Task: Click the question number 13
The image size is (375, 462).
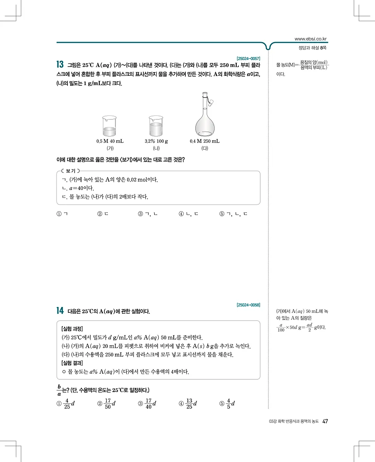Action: point(60,65)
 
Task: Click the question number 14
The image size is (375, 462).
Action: point(60,311)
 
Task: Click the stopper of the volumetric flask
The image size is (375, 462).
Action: point(211,101)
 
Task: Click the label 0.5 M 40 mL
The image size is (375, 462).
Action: point(110,141)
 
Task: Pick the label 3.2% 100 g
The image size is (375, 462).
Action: point(156,141)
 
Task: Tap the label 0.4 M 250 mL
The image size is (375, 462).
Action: point(205,141)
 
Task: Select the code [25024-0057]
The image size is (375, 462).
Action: point(248,58)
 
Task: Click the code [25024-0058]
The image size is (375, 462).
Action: point(248,305)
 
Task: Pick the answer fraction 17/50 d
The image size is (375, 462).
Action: point(109,404)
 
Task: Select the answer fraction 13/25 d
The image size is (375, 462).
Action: point(191,404)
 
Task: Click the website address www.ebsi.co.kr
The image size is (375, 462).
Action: point(310,39)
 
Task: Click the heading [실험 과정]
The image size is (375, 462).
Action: point(73,328)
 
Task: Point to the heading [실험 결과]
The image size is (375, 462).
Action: point(73,362)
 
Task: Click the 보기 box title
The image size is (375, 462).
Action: point(70,171)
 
